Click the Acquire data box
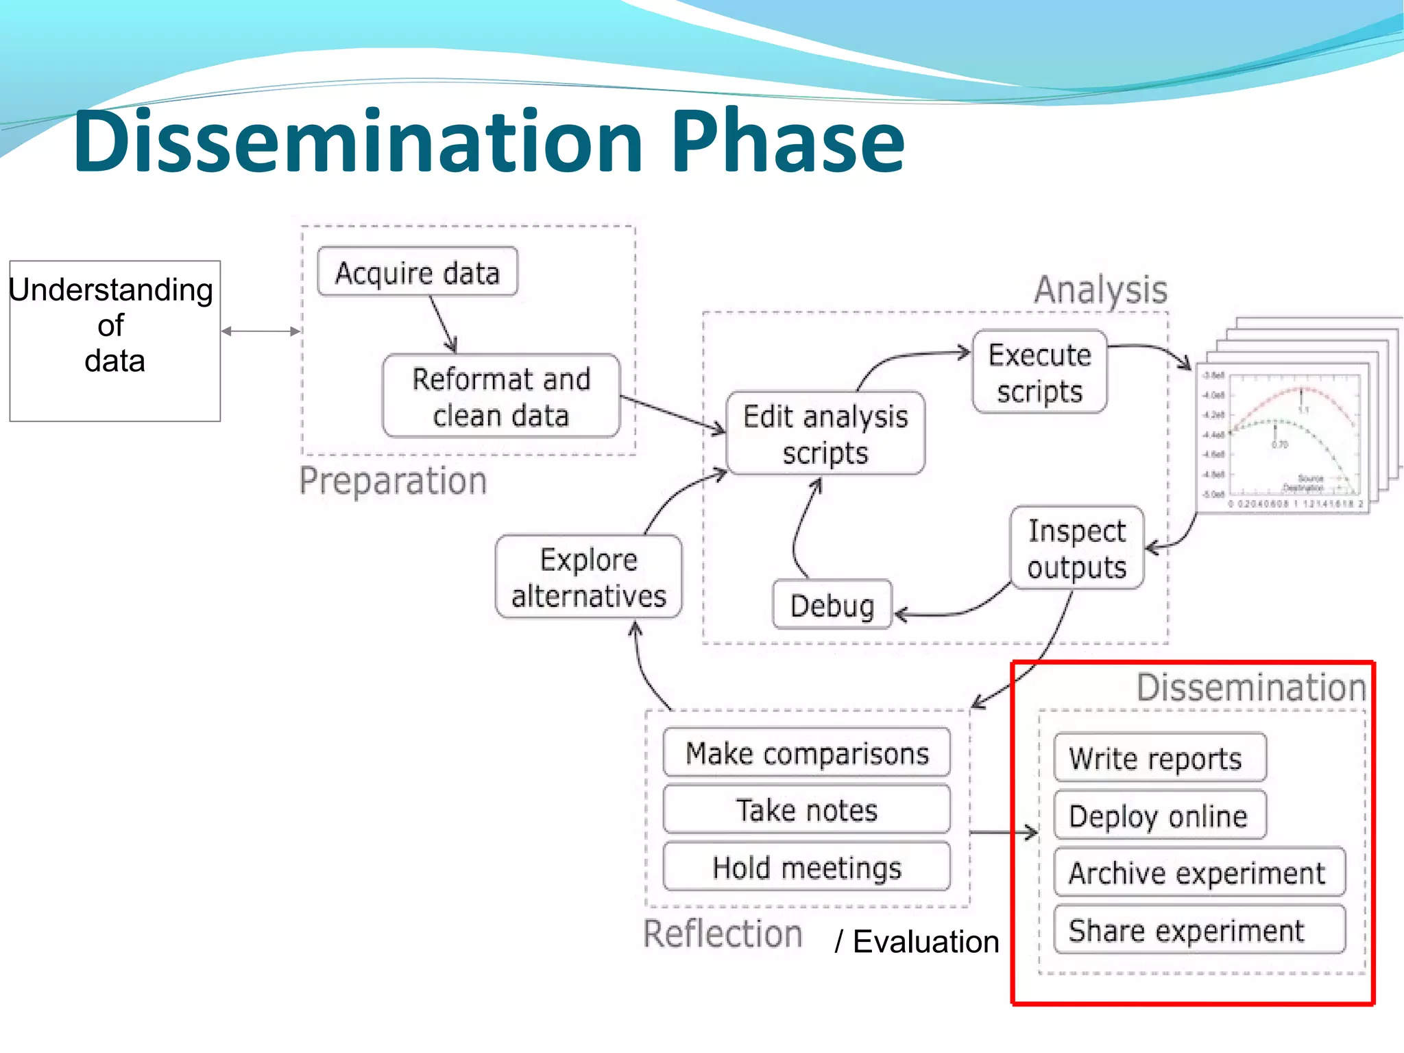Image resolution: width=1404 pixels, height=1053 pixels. [x=417, y=272]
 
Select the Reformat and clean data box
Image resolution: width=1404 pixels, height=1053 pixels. [x=501, y=397]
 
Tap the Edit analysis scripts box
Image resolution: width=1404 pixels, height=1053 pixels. [x=825, y=434]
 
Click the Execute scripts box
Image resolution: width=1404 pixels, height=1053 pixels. [x=1039, y=372]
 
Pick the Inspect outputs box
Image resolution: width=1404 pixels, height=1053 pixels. [x=1076, y=549]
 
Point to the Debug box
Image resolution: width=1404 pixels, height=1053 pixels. [x=832, y=605]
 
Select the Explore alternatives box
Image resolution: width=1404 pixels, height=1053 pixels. [x=588, y=577]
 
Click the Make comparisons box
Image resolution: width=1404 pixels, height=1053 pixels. [x=807, y=753]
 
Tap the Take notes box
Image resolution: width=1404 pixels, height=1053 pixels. [x=807, y=810]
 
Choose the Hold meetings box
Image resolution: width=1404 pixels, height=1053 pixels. [x=807, y=867]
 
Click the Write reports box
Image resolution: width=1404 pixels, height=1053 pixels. [x=1159, y=758]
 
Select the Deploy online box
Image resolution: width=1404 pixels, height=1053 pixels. [x=1159, y=816]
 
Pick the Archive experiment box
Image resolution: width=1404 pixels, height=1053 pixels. [x=1199, y=873]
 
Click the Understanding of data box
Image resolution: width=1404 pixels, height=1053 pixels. [x=114, y=341]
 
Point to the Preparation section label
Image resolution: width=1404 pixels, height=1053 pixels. [x=393, y=481]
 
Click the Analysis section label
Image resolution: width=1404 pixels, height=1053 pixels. [x=1100, y=289]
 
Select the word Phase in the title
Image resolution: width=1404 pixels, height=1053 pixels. [x=787, y=141]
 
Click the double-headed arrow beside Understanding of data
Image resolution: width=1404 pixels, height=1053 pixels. [x=261, y=331]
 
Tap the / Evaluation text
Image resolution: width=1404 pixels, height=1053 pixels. [x=917, y=941]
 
